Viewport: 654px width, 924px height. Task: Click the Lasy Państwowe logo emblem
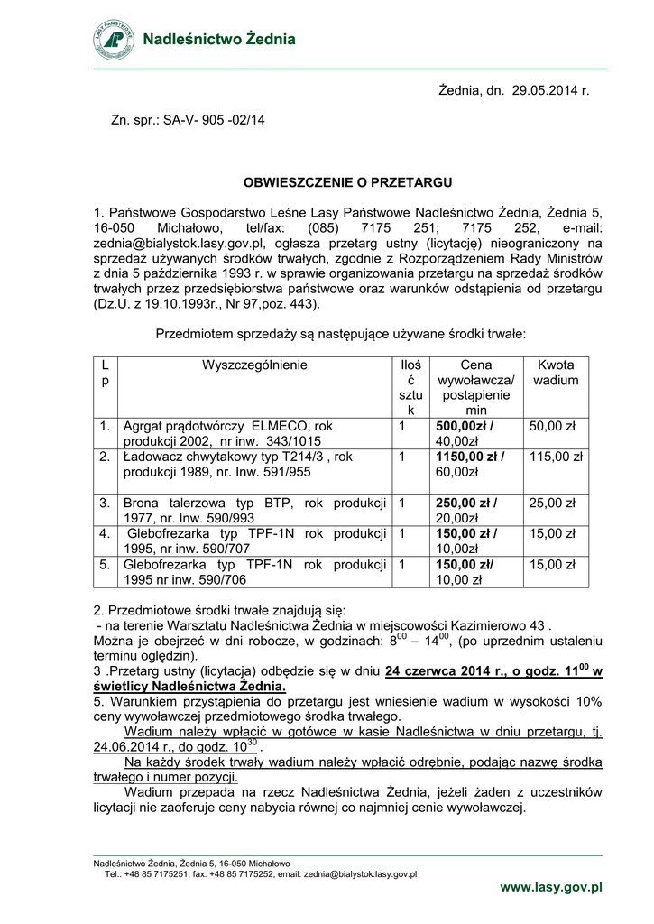click(x=115, y=39)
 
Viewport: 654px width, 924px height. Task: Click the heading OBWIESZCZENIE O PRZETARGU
click(x=347, y=182)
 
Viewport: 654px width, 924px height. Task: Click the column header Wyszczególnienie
click(x=254, y=365)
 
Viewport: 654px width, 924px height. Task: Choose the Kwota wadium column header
click(x=555, y=373)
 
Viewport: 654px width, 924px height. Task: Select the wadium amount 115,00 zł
click(x=556, y=457)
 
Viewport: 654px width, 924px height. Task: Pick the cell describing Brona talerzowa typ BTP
click(x=254, y=510)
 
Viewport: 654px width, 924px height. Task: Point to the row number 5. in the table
click(x=106, y=565)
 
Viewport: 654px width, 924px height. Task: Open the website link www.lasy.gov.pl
click(x=551, y=888)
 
